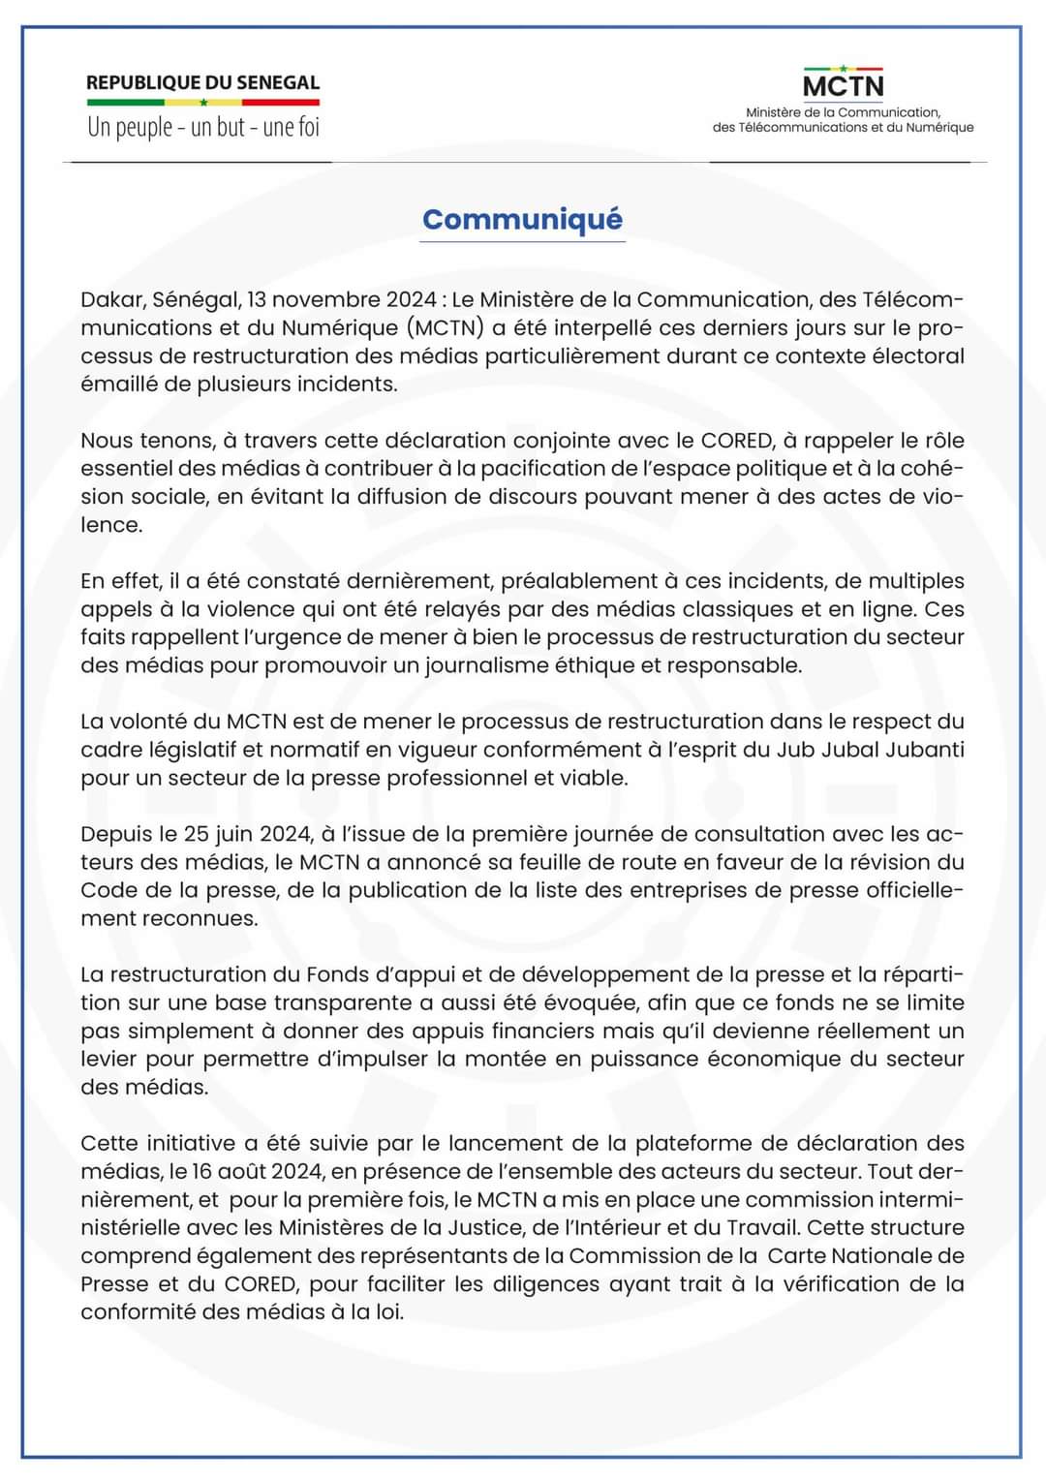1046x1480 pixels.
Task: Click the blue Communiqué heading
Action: click(x=522, y=220)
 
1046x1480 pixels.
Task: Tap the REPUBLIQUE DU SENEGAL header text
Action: click(x=202, y=83)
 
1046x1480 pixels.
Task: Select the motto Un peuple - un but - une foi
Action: click(x=202, y=127)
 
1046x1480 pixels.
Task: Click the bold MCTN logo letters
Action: click(x=843, y=86)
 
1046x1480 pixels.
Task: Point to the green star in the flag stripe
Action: click(x=203, y=102)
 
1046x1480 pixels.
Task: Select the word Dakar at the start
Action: click(x=111, y=300)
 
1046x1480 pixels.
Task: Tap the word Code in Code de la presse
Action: click(x=108, y=891)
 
